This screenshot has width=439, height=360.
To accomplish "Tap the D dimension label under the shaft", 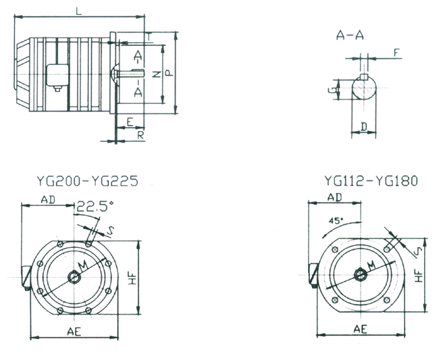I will [364, 126].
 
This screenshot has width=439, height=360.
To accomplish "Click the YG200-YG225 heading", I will [86, 182].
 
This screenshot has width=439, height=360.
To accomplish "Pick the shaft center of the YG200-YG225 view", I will [74, 277].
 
